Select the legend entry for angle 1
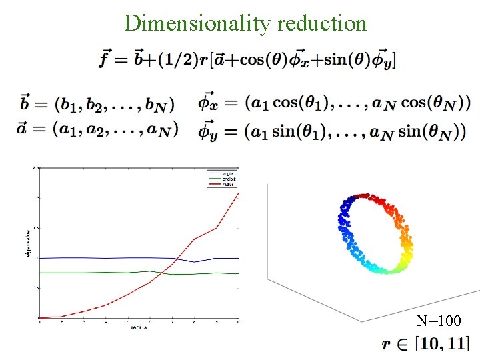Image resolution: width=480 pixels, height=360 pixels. coord(221,172)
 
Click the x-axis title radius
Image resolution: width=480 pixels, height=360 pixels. coord(139,327)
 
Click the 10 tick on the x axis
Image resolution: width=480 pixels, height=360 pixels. coord(238,322)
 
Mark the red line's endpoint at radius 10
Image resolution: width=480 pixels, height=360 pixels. coord(239,193)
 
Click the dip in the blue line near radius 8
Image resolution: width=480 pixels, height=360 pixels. coord(194,262)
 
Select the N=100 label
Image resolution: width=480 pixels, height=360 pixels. coord(438,321)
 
